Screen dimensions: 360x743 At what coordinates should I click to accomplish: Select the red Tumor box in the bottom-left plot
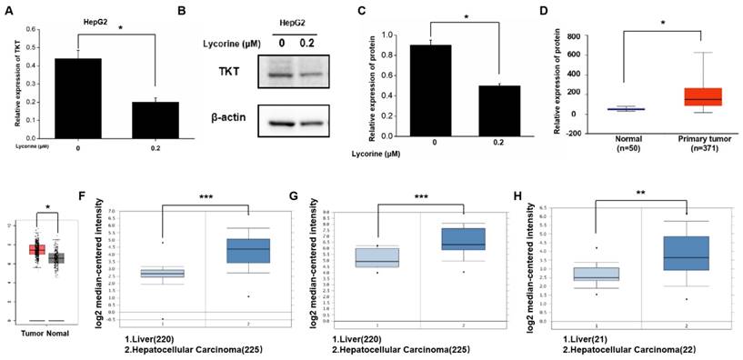[x=37, y=249]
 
